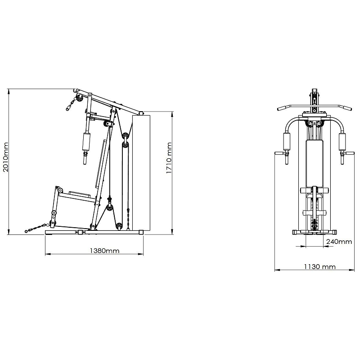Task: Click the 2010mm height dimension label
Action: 6,157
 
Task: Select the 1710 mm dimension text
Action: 169,158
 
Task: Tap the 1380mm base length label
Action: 104,251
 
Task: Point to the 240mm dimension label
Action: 339,242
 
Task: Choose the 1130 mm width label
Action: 320,266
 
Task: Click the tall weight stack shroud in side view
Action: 141,173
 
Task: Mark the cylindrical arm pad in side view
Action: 86,141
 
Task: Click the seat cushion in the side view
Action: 80,194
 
